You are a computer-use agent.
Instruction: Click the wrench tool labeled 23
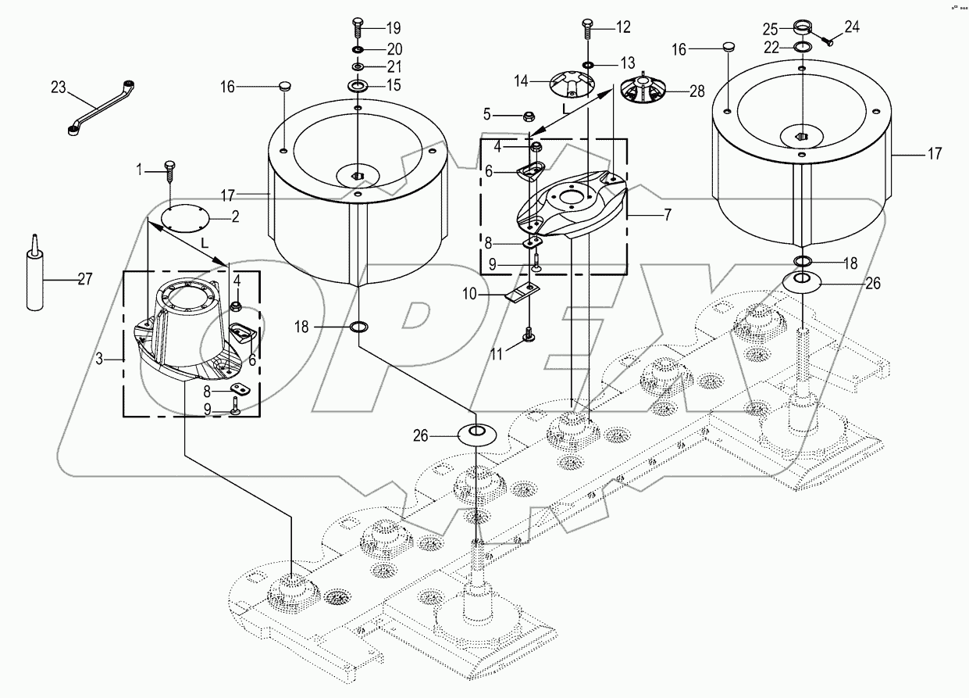pos(99,108)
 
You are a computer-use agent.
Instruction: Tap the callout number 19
pos(392,27)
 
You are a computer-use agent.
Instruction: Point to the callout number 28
pos(696,91)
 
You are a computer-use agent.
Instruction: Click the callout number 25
pos(770,29)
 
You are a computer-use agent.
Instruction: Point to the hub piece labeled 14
pos(572,84)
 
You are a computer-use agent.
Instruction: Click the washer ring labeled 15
pos(357,84)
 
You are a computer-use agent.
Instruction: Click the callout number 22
pos(771,48)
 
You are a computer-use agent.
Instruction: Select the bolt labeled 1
pos(170,168)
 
